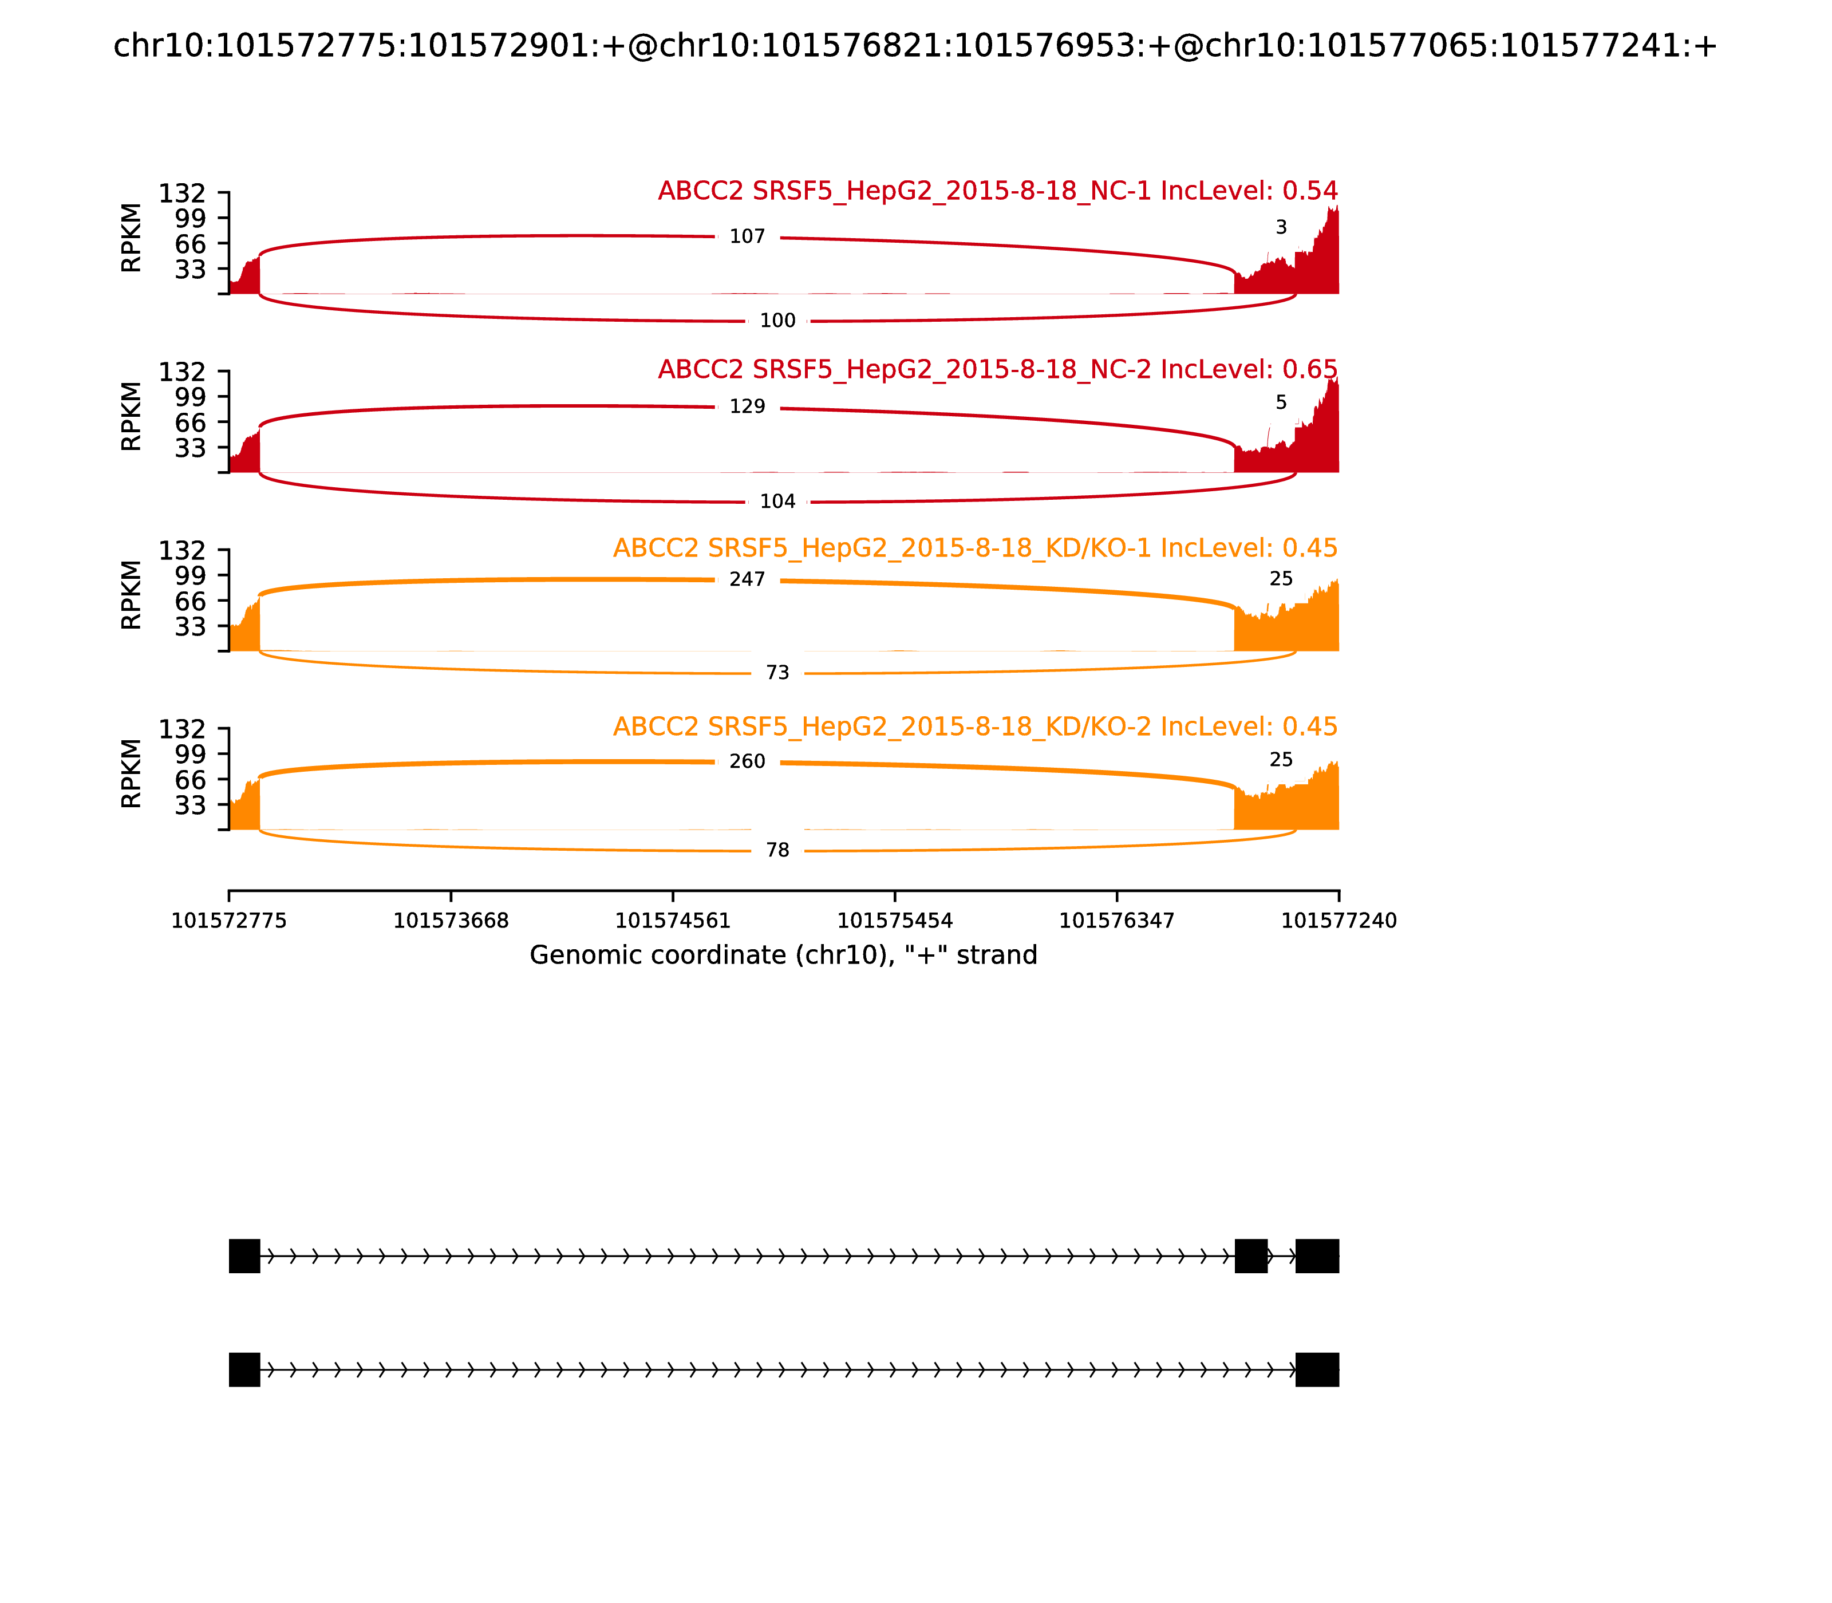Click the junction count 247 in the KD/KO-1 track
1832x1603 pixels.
(747, 579)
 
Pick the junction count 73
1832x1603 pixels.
(777, 673)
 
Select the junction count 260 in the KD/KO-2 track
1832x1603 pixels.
(747, 761)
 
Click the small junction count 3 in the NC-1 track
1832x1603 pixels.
(1281, 228)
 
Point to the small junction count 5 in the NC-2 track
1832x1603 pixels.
(1281, 402)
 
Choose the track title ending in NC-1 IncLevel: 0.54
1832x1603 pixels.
(997, 191)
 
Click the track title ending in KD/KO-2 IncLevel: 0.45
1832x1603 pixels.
(975, 727)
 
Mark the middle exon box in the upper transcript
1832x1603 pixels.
(1250, 1256)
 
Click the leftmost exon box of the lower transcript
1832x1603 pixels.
(244, 1369)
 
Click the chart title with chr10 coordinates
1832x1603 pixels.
(915, 46)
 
